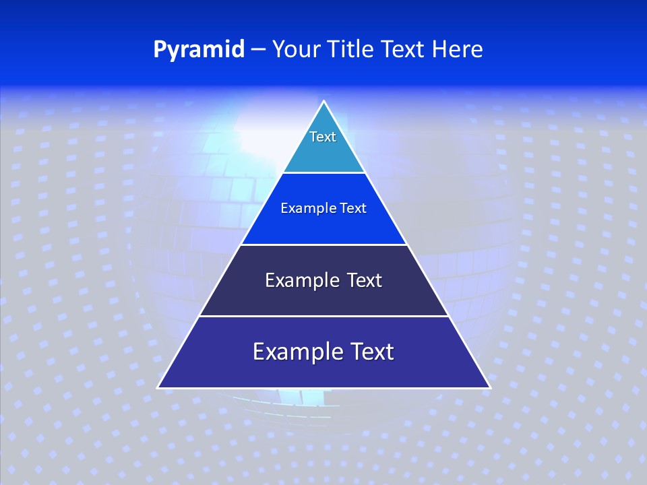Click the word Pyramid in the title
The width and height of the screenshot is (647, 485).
(x=199, y=50)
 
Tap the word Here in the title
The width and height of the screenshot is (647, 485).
(x=458, y=50)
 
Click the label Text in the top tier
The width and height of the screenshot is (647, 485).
(x=323, y=137)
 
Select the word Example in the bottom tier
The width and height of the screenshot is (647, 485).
(x=293, y=352)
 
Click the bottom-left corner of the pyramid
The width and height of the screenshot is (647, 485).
(x=159, y=387)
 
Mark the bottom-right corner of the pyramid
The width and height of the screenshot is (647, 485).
(x=489, y=387)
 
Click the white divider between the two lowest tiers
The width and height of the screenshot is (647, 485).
(x=323, y=316)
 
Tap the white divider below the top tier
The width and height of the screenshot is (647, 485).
(x=323, y=172)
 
